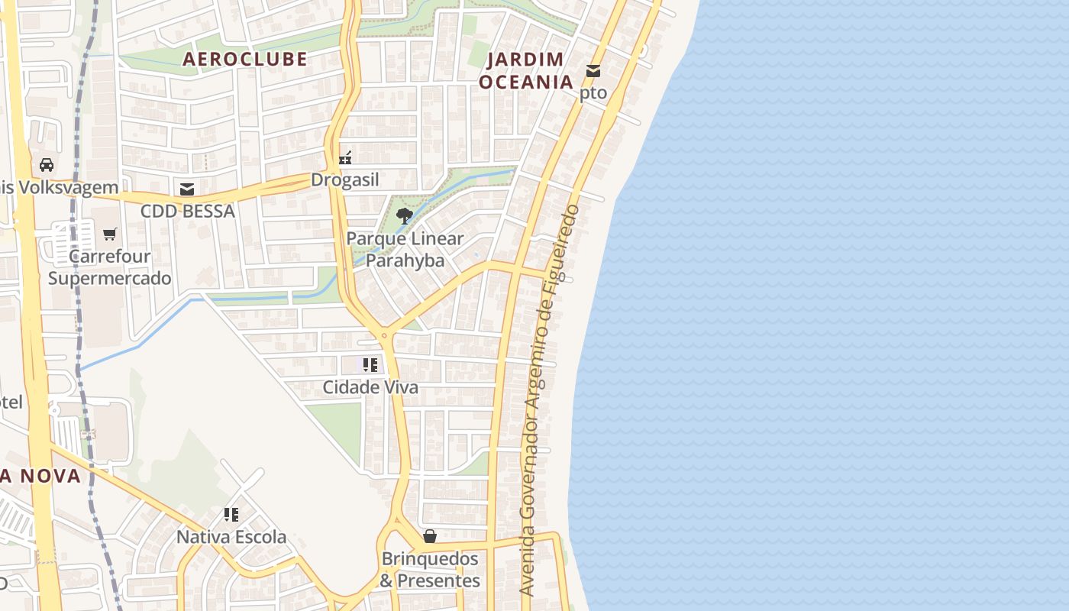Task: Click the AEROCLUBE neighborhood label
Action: pyautogui.click(x=244, y=59)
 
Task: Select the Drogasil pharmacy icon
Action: pyautogui.click(x=345, y=158)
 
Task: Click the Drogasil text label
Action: pyautogui.click(x=344, y=180)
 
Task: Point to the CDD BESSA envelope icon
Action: pyautogui.click(x=187, y=189)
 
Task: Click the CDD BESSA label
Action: pyautogui.click(x=187, y=211)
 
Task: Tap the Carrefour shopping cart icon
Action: pyautogui.click(x=110, y=234)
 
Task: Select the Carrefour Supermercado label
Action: pyautogui.click(x=110, y=267)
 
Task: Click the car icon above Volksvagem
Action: pyautogui.click(x=47, y=164)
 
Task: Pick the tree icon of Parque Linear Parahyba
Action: pyautogui.click(x=405, y=215)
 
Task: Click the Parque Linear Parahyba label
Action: pyautogui.click(x=405, y=249)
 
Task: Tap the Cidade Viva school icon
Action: pyautogui.click(x=370, y=364)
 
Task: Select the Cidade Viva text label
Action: pyautogui.click(x=370, y=387)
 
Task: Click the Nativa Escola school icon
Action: pyautogui.click(x=231, y=514)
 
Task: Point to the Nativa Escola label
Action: pyautogui.click(x=231, y=537)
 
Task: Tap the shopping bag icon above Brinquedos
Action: pyautogui.click(x=430, y=536)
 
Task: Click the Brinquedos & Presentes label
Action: pyautogui.click(x=430, y=570)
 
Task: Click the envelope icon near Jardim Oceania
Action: pyautogui.click(x=593, y=71)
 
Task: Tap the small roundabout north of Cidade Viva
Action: pyautogui.click(x=384, y=335)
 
